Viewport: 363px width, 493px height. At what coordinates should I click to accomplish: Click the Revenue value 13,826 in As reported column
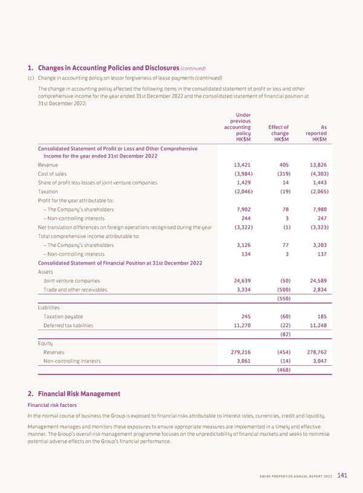(x=316, y=165)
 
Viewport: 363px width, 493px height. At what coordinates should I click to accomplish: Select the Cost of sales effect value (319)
(x=283, y=173)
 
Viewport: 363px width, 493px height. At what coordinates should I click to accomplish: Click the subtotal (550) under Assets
(x=283, y=299)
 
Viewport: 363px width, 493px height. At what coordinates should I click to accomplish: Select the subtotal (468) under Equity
(x=283, y=369)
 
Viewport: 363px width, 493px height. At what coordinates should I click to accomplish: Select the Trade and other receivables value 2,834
(x=318, y=290)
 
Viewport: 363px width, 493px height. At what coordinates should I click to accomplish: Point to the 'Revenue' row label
(x=48, y=165)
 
